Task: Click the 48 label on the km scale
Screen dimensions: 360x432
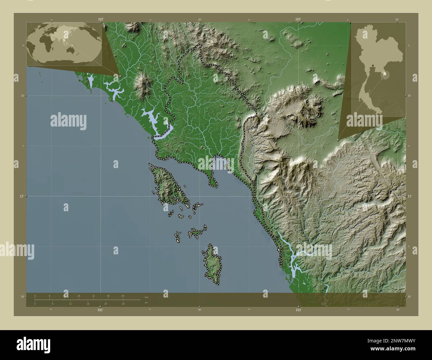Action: click(x=123, y=296)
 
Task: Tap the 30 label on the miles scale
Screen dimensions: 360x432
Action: click(x=123, y=304)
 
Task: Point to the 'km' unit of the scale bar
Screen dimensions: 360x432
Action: click(x=147, y=297)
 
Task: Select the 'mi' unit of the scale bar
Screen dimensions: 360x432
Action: click(x=147, y=303)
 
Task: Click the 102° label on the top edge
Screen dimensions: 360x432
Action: click(x=101, y=20)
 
